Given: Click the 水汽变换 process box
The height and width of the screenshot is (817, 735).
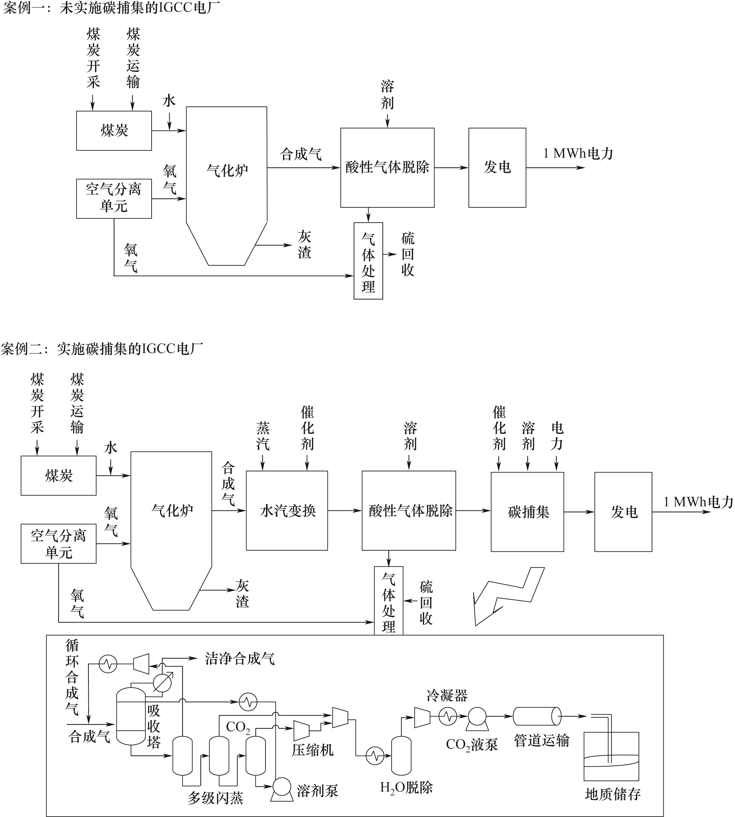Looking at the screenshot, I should pyautogui.click(x=287, y=511).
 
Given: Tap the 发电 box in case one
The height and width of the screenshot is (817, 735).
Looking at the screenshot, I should pyautogui.click(x=497, y=167).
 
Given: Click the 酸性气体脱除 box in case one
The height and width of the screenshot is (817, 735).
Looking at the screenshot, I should pyautogui.click(x=387, y=167).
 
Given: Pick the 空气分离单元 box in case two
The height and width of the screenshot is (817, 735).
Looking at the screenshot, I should pyautogui.click(x=59, y=543).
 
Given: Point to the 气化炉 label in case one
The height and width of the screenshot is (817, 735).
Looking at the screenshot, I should pyautogui.click(x=227, y=171).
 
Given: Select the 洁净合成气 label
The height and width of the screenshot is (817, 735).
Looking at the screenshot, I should pyautogui.click(x=240, y=659).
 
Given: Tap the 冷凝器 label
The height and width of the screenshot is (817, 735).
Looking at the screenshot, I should pyautogui.click(x=447, y=695).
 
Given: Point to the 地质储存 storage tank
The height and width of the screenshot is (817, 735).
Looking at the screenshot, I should pyautogui.click(x=611, y=756).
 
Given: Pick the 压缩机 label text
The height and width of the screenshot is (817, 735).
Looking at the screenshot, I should pyautogui.click(x=312, y=750).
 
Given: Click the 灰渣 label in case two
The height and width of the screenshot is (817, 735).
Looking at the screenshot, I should pyautogui.click(x=242, y=594).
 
